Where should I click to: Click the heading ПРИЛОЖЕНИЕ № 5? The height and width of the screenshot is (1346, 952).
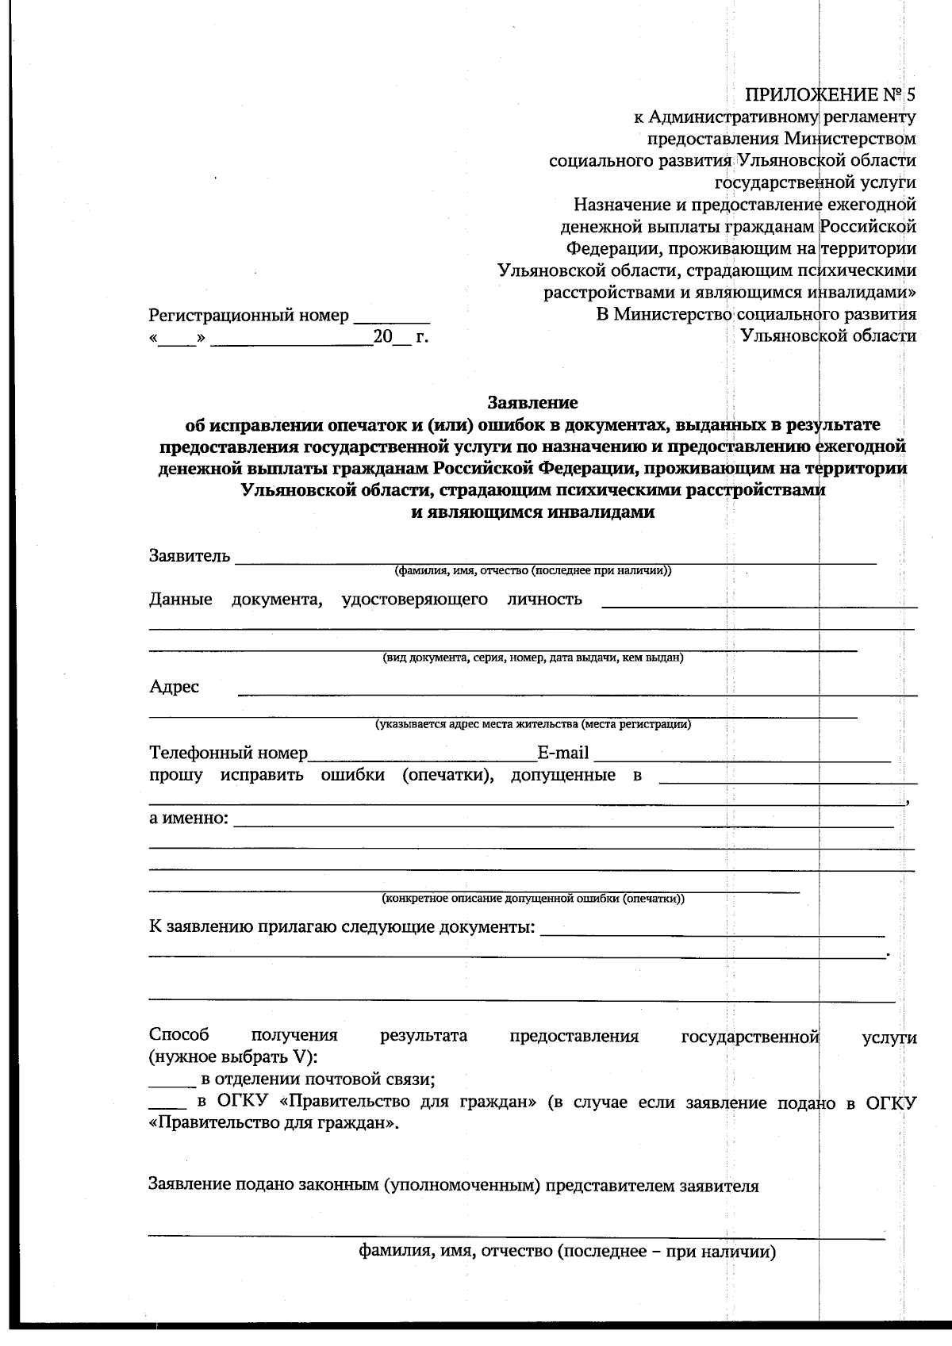pos(830,95)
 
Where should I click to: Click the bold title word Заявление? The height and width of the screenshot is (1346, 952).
pos(532,403)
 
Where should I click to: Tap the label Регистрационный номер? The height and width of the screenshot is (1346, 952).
pos(248,316)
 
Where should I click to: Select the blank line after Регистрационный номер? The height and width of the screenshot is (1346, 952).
pos(391,320)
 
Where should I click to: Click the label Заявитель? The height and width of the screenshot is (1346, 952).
pos(190,555)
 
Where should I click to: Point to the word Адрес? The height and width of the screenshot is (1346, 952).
pos(174,687)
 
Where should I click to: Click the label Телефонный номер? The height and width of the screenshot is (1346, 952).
pos(228,753)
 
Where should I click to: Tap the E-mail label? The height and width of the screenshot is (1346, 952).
pos(562,753)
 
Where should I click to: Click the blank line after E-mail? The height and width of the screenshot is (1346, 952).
pos(742,758)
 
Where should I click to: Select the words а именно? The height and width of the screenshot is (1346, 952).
pos(189,818)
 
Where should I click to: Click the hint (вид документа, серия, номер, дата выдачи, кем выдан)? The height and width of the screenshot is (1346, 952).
pos(532,658)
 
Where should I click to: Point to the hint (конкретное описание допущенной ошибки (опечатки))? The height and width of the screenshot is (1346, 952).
pos(533,899)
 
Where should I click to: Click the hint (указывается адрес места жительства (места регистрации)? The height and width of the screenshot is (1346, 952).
pos(533,724)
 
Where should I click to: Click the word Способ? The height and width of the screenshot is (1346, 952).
pos(179,1035)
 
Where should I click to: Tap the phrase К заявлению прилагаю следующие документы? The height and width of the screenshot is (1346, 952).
pos(342,927)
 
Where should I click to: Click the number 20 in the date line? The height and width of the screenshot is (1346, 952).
pos(382,336)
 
